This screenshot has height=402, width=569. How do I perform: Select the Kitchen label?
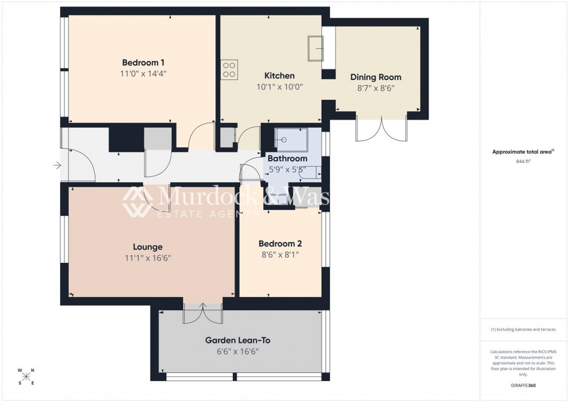[279, 76]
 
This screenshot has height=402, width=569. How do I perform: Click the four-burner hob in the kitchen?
[229, 70]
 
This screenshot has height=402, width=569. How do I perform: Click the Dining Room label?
[375, 77]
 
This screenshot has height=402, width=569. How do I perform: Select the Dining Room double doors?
[381, 129]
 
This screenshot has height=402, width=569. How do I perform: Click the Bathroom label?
[287, 158]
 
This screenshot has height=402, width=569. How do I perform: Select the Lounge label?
[148, 247]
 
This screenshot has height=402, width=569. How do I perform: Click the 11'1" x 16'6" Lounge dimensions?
[148, 258]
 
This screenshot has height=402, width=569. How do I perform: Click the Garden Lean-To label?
[237, 341]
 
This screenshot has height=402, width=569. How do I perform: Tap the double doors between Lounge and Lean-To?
[203, 313]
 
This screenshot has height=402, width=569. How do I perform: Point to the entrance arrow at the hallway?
[57, 166]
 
